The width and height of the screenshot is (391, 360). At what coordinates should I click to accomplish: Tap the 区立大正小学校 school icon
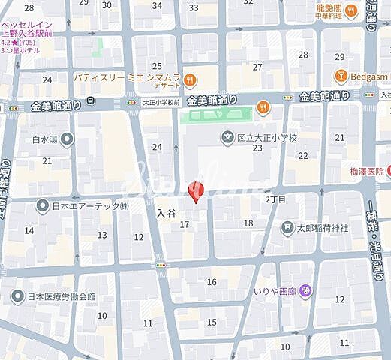pos(227,137)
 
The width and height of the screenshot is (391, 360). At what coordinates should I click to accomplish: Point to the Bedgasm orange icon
pos(340,75)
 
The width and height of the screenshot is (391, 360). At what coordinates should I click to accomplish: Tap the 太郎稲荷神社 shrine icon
pos(287,227)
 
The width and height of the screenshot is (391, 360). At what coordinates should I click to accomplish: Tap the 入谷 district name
pos(166,214)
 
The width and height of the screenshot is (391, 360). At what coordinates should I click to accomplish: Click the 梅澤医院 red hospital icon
pos(389,171)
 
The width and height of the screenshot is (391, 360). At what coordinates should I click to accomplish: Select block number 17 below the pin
pos(184,224)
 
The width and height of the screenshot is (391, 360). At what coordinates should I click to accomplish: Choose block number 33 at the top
pos(194,7)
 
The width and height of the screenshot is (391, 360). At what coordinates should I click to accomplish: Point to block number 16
pos(212,281)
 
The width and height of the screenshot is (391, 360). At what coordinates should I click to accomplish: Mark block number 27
pos(257,67)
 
